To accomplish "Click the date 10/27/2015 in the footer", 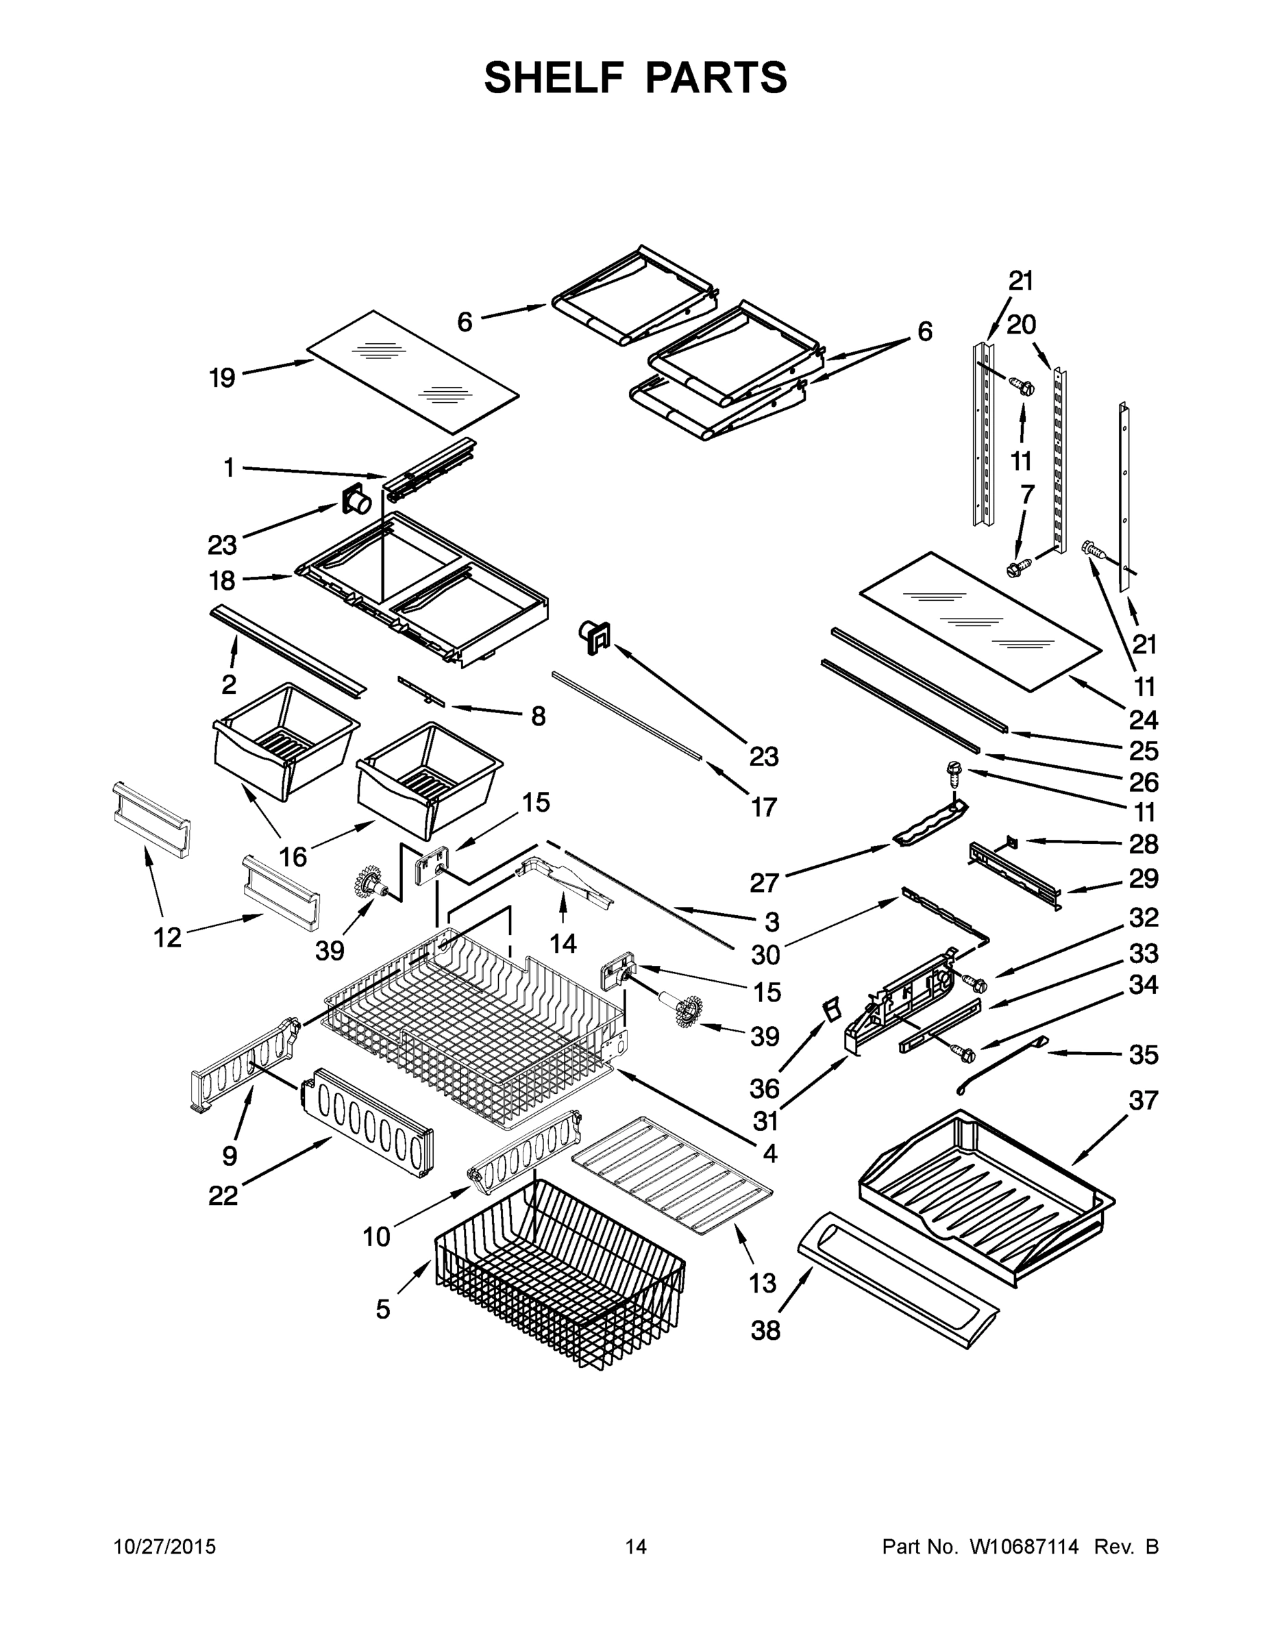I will [164, 1547].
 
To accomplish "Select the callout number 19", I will [222, 377].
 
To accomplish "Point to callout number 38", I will [766, 1331].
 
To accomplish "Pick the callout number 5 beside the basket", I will [383, 1310].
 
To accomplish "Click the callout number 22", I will [223, 1195].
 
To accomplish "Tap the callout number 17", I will [763, 807].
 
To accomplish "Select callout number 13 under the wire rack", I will [763, 1283].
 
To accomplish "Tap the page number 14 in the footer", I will [636, 1547].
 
